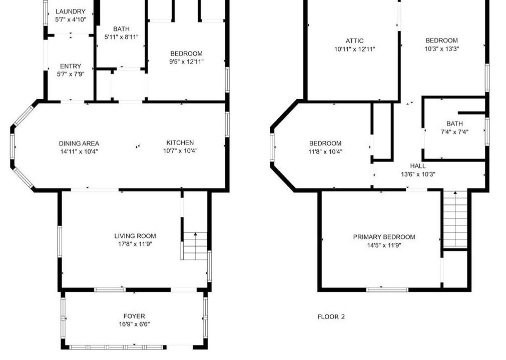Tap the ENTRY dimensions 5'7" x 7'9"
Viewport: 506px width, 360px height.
pos(71,74)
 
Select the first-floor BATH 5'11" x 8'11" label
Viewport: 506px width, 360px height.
pos(121,33)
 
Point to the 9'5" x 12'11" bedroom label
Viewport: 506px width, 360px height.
pos(186,57)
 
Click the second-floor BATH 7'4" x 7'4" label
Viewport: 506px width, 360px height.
pos(454,127)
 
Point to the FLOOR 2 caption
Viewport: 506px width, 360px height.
pos(331,317)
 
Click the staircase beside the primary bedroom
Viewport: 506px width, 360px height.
pos(455,219)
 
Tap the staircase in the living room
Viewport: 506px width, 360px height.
pos(194,246)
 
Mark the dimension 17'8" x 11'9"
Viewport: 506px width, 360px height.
pos(135,244)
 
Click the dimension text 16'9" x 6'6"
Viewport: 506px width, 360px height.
pos(134,324)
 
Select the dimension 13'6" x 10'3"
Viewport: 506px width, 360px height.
pos(418,174)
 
